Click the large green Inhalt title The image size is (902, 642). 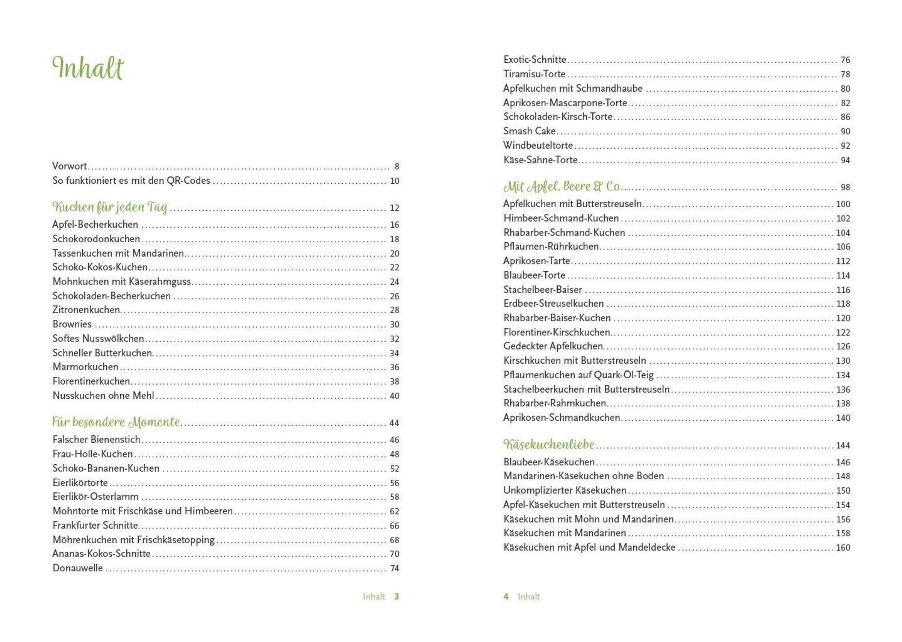(88, 68)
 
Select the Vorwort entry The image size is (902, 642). (70, 166)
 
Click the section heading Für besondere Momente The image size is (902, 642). (116, 422)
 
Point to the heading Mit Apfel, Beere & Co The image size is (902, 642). (561, 186)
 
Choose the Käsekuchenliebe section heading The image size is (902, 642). (548, 444)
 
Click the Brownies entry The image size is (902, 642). (72, 324)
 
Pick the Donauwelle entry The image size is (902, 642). (77, 568)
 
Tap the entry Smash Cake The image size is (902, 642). (529, 131)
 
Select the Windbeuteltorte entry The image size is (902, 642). (538, 145)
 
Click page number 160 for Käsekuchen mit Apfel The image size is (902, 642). (843, 547)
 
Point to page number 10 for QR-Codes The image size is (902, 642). (394, 181)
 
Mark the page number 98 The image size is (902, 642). (845, 187)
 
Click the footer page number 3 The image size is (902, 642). (396, 597)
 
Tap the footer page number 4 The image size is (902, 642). (506, 597)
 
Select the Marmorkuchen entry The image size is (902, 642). (85, 367)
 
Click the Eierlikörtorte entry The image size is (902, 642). (80, 483)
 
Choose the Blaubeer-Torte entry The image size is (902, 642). (534, 275)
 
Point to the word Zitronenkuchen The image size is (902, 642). (86, 310)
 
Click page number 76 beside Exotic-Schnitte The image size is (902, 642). (845, 60)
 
